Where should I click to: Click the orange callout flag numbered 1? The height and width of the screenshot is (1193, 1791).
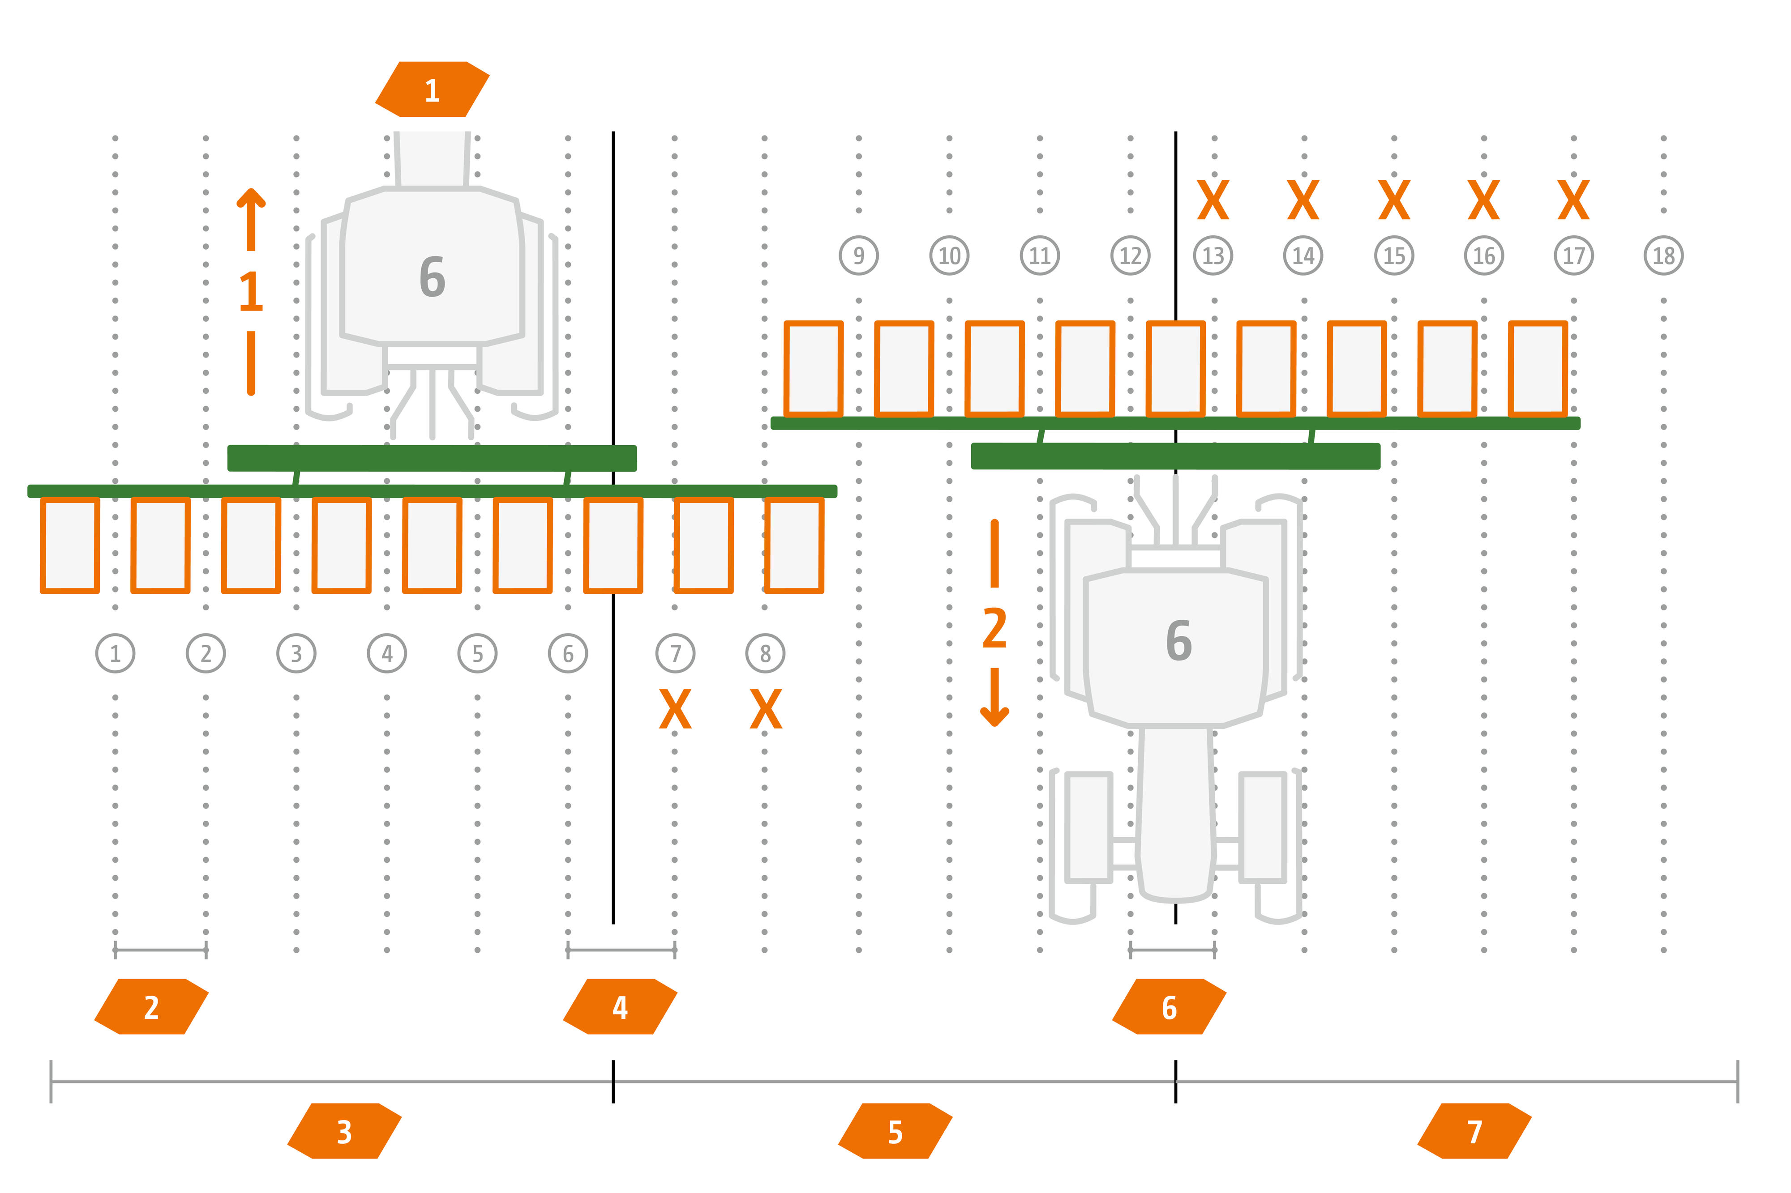tap(432, 90)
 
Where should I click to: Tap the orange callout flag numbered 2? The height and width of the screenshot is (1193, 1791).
tap(151, 1006)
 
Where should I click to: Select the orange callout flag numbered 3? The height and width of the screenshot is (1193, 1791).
tap(344, 1131)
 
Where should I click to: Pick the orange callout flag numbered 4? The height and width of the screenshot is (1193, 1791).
tap(620, 1006)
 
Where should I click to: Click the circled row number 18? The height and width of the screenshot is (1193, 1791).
tap(1663, 256)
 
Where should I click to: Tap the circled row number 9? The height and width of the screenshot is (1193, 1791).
tap(859, 256)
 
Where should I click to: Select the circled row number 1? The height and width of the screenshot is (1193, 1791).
tap(115, 653)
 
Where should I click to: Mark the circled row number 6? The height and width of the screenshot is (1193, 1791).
tap(568, 653)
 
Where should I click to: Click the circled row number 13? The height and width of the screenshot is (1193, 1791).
tap(1213, 256)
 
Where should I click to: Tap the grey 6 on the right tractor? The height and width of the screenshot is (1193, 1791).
tap(1178, 641)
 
